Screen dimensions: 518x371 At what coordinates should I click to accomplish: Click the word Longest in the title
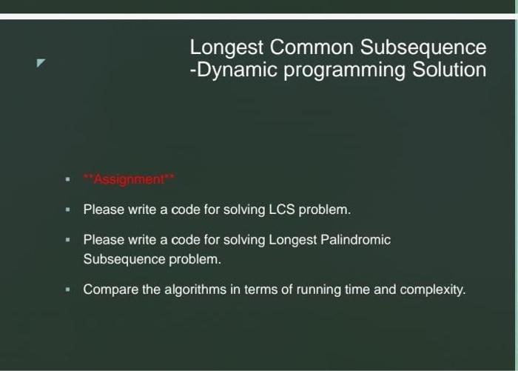226,48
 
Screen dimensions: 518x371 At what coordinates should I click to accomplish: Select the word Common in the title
312,47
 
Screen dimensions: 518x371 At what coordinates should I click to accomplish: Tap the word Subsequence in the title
423,48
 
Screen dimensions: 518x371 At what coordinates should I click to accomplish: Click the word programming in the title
344,71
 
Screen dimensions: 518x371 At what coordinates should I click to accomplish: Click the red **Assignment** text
129,179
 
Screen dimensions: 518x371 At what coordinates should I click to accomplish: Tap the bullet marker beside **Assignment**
68,179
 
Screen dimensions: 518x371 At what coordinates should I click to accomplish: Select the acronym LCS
281,210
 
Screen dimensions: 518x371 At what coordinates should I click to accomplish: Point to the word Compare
111,290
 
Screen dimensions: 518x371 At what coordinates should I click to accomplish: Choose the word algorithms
195,290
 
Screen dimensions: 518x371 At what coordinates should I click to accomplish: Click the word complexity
432,290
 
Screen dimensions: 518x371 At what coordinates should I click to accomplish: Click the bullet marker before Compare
68,290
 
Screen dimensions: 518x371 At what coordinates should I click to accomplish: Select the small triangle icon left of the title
41,63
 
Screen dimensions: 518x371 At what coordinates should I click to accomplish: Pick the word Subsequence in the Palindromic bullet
124,259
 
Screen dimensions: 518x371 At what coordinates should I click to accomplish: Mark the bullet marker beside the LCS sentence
68,210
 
